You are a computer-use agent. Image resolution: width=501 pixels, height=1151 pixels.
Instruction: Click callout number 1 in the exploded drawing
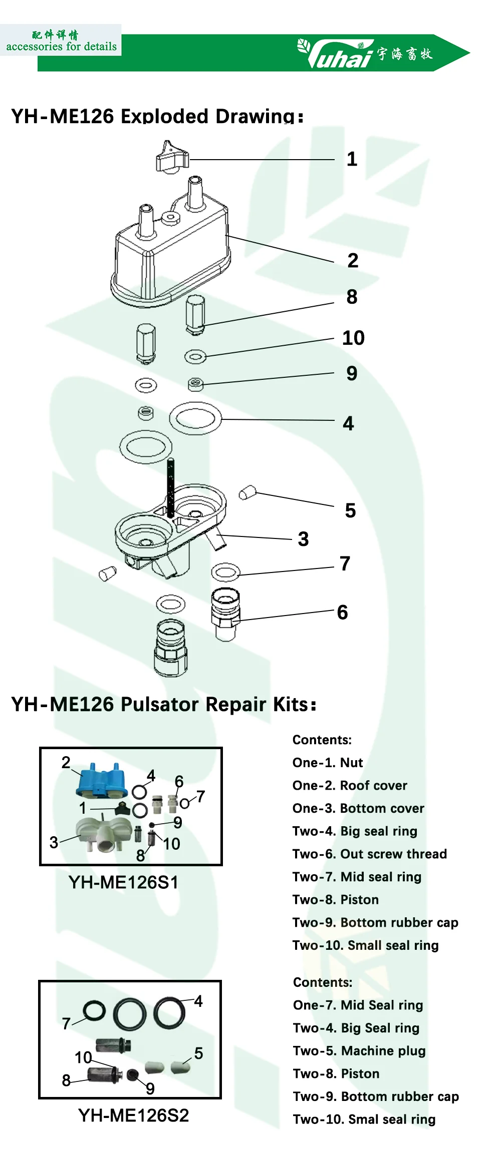coord(352,159)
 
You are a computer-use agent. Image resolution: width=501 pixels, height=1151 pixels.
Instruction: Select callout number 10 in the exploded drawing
coord(353,338)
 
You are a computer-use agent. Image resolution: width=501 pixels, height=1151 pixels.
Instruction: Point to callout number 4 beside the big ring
coord(348,423)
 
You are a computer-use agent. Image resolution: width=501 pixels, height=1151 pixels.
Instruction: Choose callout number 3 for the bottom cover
coord(303,539)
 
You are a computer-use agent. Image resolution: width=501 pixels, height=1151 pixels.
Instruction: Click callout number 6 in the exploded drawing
coord(342,612)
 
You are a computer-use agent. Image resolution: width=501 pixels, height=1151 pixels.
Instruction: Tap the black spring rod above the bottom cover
coord(171,488)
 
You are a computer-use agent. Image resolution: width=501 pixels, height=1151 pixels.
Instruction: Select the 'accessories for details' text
coord(61,47)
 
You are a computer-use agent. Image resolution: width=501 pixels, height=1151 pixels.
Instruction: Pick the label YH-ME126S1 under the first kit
coord(123,882)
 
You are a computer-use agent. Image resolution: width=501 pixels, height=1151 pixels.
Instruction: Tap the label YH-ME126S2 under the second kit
coord(133,1115)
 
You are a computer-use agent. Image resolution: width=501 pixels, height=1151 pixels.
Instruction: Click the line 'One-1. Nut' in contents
coord(328,763)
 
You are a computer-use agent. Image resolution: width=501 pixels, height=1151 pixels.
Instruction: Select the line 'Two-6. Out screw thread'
coord(369,854)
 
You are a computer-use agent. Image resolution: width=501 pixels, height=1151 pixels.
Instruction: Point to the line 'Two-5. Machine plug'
coord(359,1051)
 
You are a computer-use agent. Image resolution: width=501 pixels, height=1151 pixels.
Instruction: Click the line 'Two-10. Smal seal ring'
coord(364,1119)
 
